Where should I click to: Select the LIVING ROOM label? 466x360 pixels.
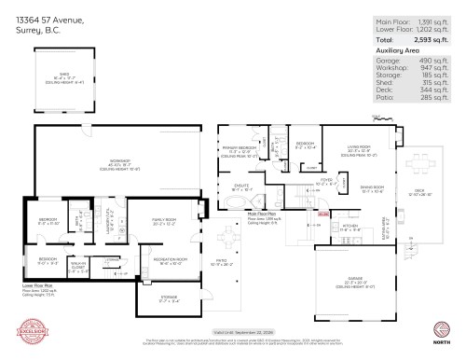pyautogui.click(x=359, y=147)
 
